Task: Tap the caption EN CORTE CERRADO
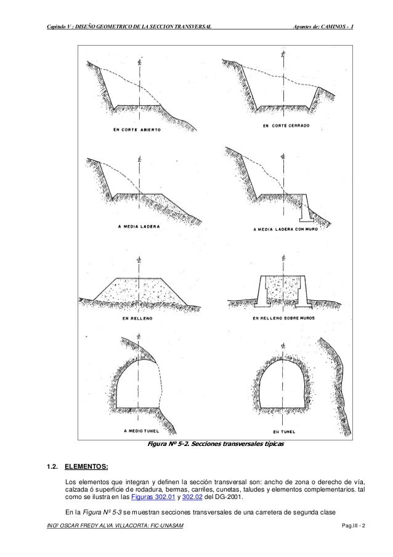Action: coord(285,125)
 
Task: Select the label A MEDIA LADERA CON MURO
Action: coord(285,230)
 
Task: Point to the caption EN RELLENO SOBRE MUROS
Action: coord(285,319)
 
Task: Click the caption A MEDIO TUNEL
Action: coord(142,430)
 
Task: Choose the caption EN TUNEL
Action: coord(284,432)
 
